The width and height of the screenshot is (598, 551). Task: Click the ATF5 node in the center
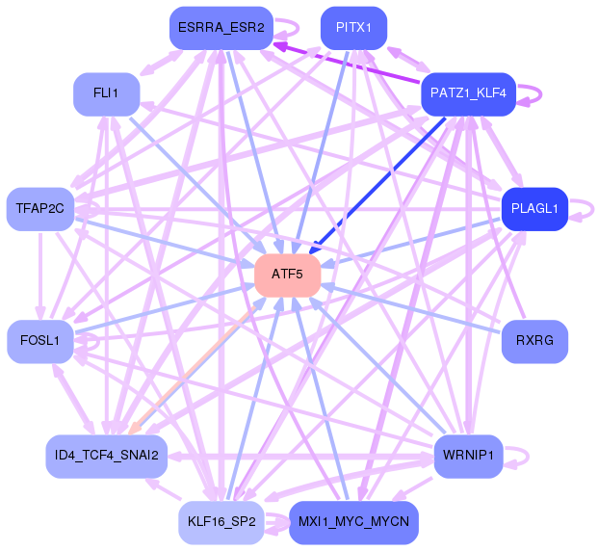click(288, 275)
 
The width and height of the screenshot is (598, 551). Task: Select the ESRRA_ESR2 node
click(221, 28)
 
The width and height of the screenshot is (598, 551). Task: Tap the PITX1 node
click(354, 28)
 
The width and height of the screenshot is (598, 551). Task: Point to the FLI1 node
click(106, 94)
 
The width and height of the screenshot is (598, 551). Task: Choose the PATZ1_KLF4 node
click(468, 94)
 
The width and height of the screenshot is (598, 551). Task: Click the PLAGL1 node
click(534, 209)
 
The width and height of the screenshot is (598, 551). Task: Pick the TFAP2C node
click(40, 209)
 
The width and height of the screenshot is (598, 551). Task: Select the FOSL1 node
click(40, 342)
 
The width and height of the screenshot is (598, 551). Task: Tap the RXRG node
click(534, 342)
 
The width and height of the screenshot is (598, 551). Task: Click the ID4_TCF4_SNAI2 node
click(106, 457)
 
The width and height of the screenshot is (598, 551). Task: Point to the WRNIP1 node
click(468, 457)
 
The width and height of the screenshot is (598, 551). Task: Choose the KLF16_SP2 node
click(221, 523)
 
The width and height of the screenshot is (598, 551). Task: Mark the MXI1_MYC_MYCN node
click(354, 523)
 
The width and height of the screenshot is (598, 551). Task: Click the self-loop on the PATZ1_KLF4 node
click(541, 93)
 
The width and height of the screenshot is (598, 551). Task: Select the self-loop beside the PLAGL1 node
click(593, 209)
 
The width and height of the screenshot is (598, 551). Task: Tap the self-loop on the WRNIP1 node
click(528, 457)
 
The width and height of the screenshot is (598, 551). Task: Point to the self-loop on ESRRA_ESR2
click(299, 28)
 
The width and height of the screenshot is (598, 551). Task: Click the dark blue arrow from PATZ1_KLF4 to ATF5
click(377, 186)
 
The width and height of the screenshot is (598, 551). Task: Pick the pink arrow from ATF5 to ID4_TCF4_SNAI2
click(193, 370)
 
